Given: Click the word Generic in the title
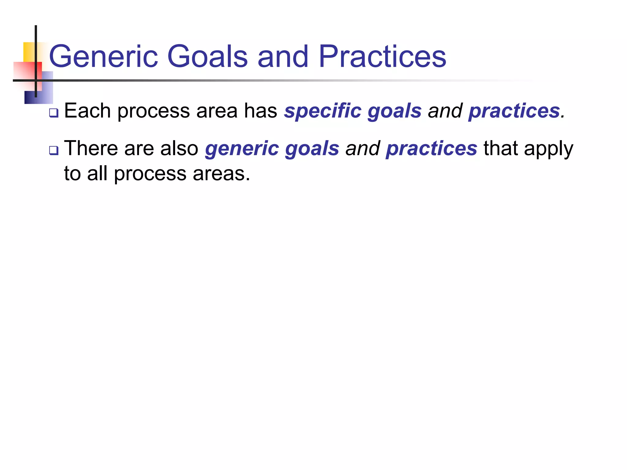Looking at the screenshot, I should click(103, 57).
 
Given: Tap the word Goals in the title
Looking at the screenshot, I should click(207, 57).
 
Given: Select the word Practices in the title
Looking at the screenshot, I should click(382, 57).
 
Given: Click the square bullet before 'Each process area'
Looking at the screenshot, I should click(54, 113).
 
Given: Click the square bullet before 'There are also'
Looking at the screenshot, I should click(54, 151).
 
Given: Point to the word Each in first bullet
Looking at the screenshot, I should click(87, 111).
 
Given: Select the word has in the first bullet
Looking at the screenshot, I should click(260, 111).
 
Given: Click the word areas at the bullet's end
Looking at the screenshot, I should click(221, 174).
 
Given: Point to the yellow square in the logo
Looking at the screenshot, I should click(29, 51).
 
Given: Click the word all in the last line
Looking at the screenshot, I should click(97, 173).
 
